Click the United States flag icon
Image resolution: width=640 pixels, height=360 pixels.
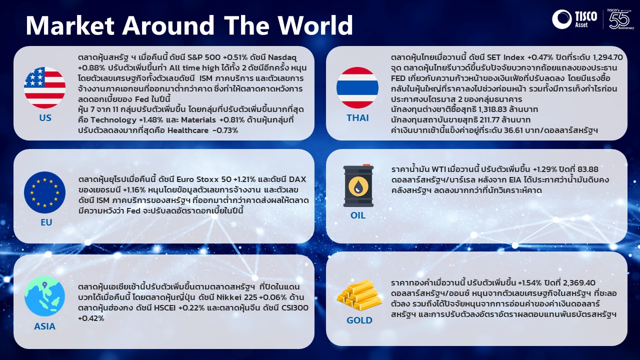(x=44, y=87)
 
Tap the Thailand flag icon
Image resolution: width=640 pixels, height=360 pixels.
(x=357, y=87)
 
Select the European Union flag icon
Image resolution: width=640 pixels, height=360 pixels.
(x=44, y=192)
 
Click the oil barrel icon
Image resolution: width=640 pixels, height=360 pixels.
(x=358, y=185)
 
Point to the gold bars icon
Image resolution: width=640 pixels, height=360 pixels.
(x=359, y=295)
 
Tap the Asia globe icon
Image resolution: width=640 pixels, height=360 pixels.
(x=44, y=296)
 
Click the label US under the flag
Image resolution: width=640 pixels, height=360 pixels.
(x=45, y=117)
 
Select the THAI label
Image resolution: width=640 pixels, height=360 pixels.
(x=357, y=117)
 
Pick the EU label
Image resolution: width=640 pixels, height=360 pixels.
(x=46, y=222)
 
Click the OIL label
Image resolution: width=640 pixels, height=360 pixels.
(x=358, y=215)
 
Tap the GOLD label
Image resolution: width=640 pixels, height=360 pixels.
(x=359, y=320)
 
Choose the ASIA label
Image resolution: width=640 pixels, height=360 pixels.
(x=45, y=326)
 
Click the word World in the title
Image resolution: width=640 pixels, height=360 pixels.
(x=315, y=25)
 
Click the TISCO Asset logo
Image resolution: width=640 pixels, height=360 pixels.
(x=574, y=19)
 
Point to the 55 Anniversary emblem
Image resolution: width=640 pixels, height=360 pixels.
(x=621, y=19)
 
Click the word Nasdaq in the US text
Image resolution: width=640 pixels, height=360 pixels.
(x=282, y=57)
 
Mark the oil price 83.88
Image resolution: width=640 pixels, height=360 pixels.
(x=588, y=169)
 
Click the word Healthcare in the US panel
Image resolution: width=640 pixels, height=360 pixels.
(x=188, y=130)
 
